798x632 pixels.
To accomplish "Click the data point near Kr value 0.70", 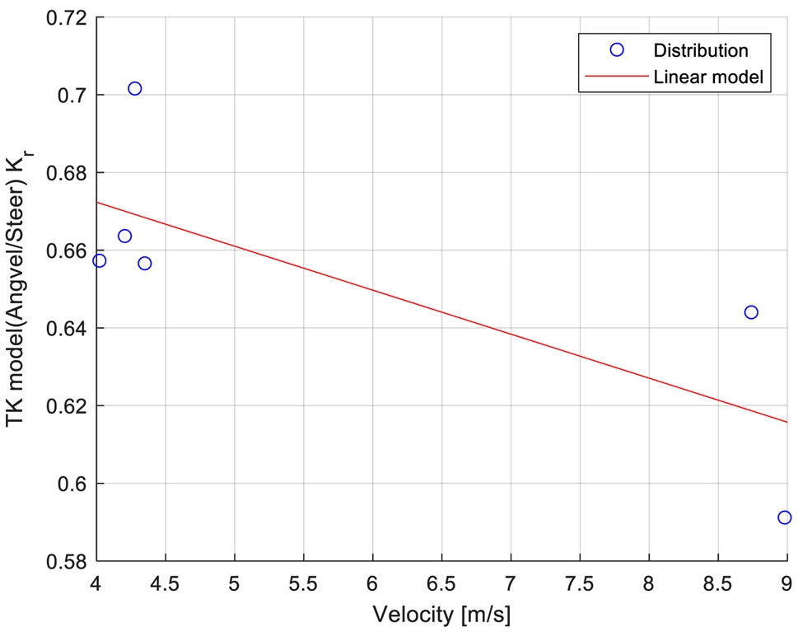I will (x=135, y=88).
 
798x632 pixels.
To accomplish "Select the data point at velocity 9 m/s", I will (x=784, y=517).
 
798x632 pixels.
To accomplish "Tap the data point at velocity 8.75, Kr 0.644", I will (x=751, y=312).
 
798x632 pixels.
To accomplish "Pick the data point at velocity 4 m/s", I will (x=100, y=260).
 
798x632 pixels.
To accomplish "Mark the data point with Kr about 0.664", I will (x=124, y=236).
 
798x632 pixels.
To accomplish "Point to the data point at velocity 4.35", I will (x=145, y=263).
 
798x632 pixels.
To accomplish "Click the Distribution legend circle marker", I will (x=616, y=50).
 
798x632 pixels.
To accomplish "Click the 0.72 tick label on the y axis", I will (x=68, y=18).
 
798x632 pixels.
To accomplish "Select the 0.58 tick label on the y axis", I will (x=68, y=561).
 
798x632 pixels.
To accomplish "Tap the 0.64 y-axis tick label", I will (x=68, y=328).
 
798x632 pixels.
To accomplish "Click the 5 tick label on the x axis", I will (x=235, y=583).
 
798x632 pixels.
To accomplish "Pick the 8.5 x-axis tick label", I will (x=717, y=583).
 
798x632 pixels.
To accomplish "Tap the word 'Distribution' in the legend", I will (x=701, y=50).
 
